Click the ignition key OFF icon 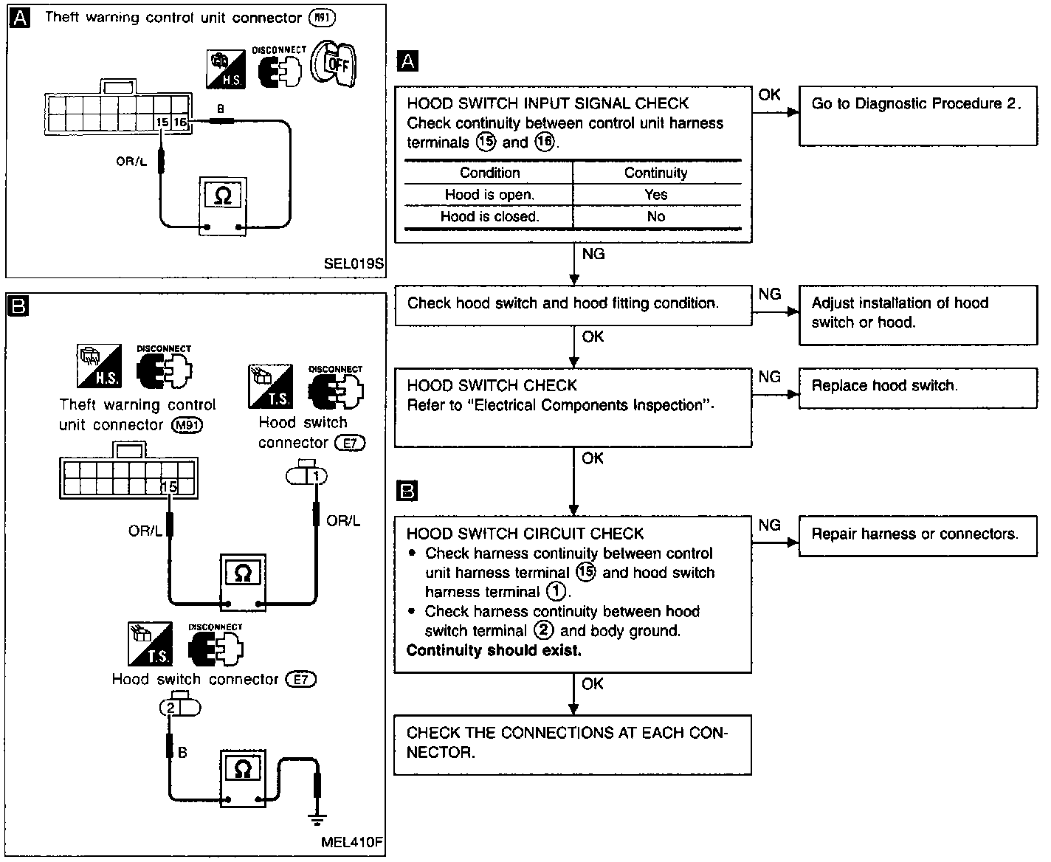(333, 63)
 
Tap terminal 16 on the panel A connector (180, 123)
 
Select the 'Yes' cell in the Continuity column (655, 195)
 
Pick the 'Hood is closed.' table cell (489, 217)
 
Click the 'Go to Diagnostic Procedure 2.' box (918, 116)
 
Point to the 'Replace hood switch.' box (918, 389)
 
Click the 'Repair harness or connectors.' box (918, 536)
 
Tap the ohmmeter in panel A (223, 206)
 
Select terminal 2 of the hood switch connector (170, 708)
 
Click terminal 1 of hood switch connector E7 (316, 476)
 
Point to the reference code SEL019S (354, 263)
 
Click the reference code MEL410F (352, 842)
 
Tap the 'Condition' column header (489, 173)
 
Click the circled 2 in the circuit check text (543, 630)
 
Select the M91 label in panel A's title (322, 18)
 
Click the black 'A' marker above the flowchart (407, 61)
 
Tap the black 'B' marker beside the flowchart (407, 491)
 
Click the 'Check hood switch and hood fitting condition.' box (573, 306)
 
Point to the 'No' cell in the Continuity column (656, 217)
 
